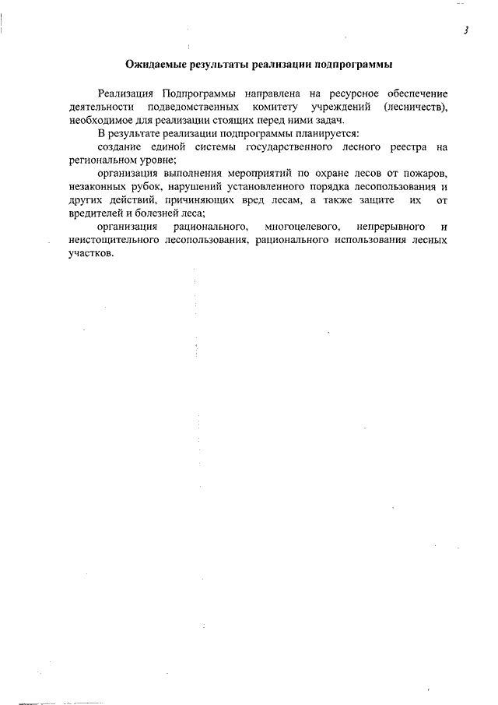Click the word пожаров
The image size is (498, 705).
click(x=426, y=171)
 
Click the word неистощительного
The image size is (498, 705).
click(x=114, y=239)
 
